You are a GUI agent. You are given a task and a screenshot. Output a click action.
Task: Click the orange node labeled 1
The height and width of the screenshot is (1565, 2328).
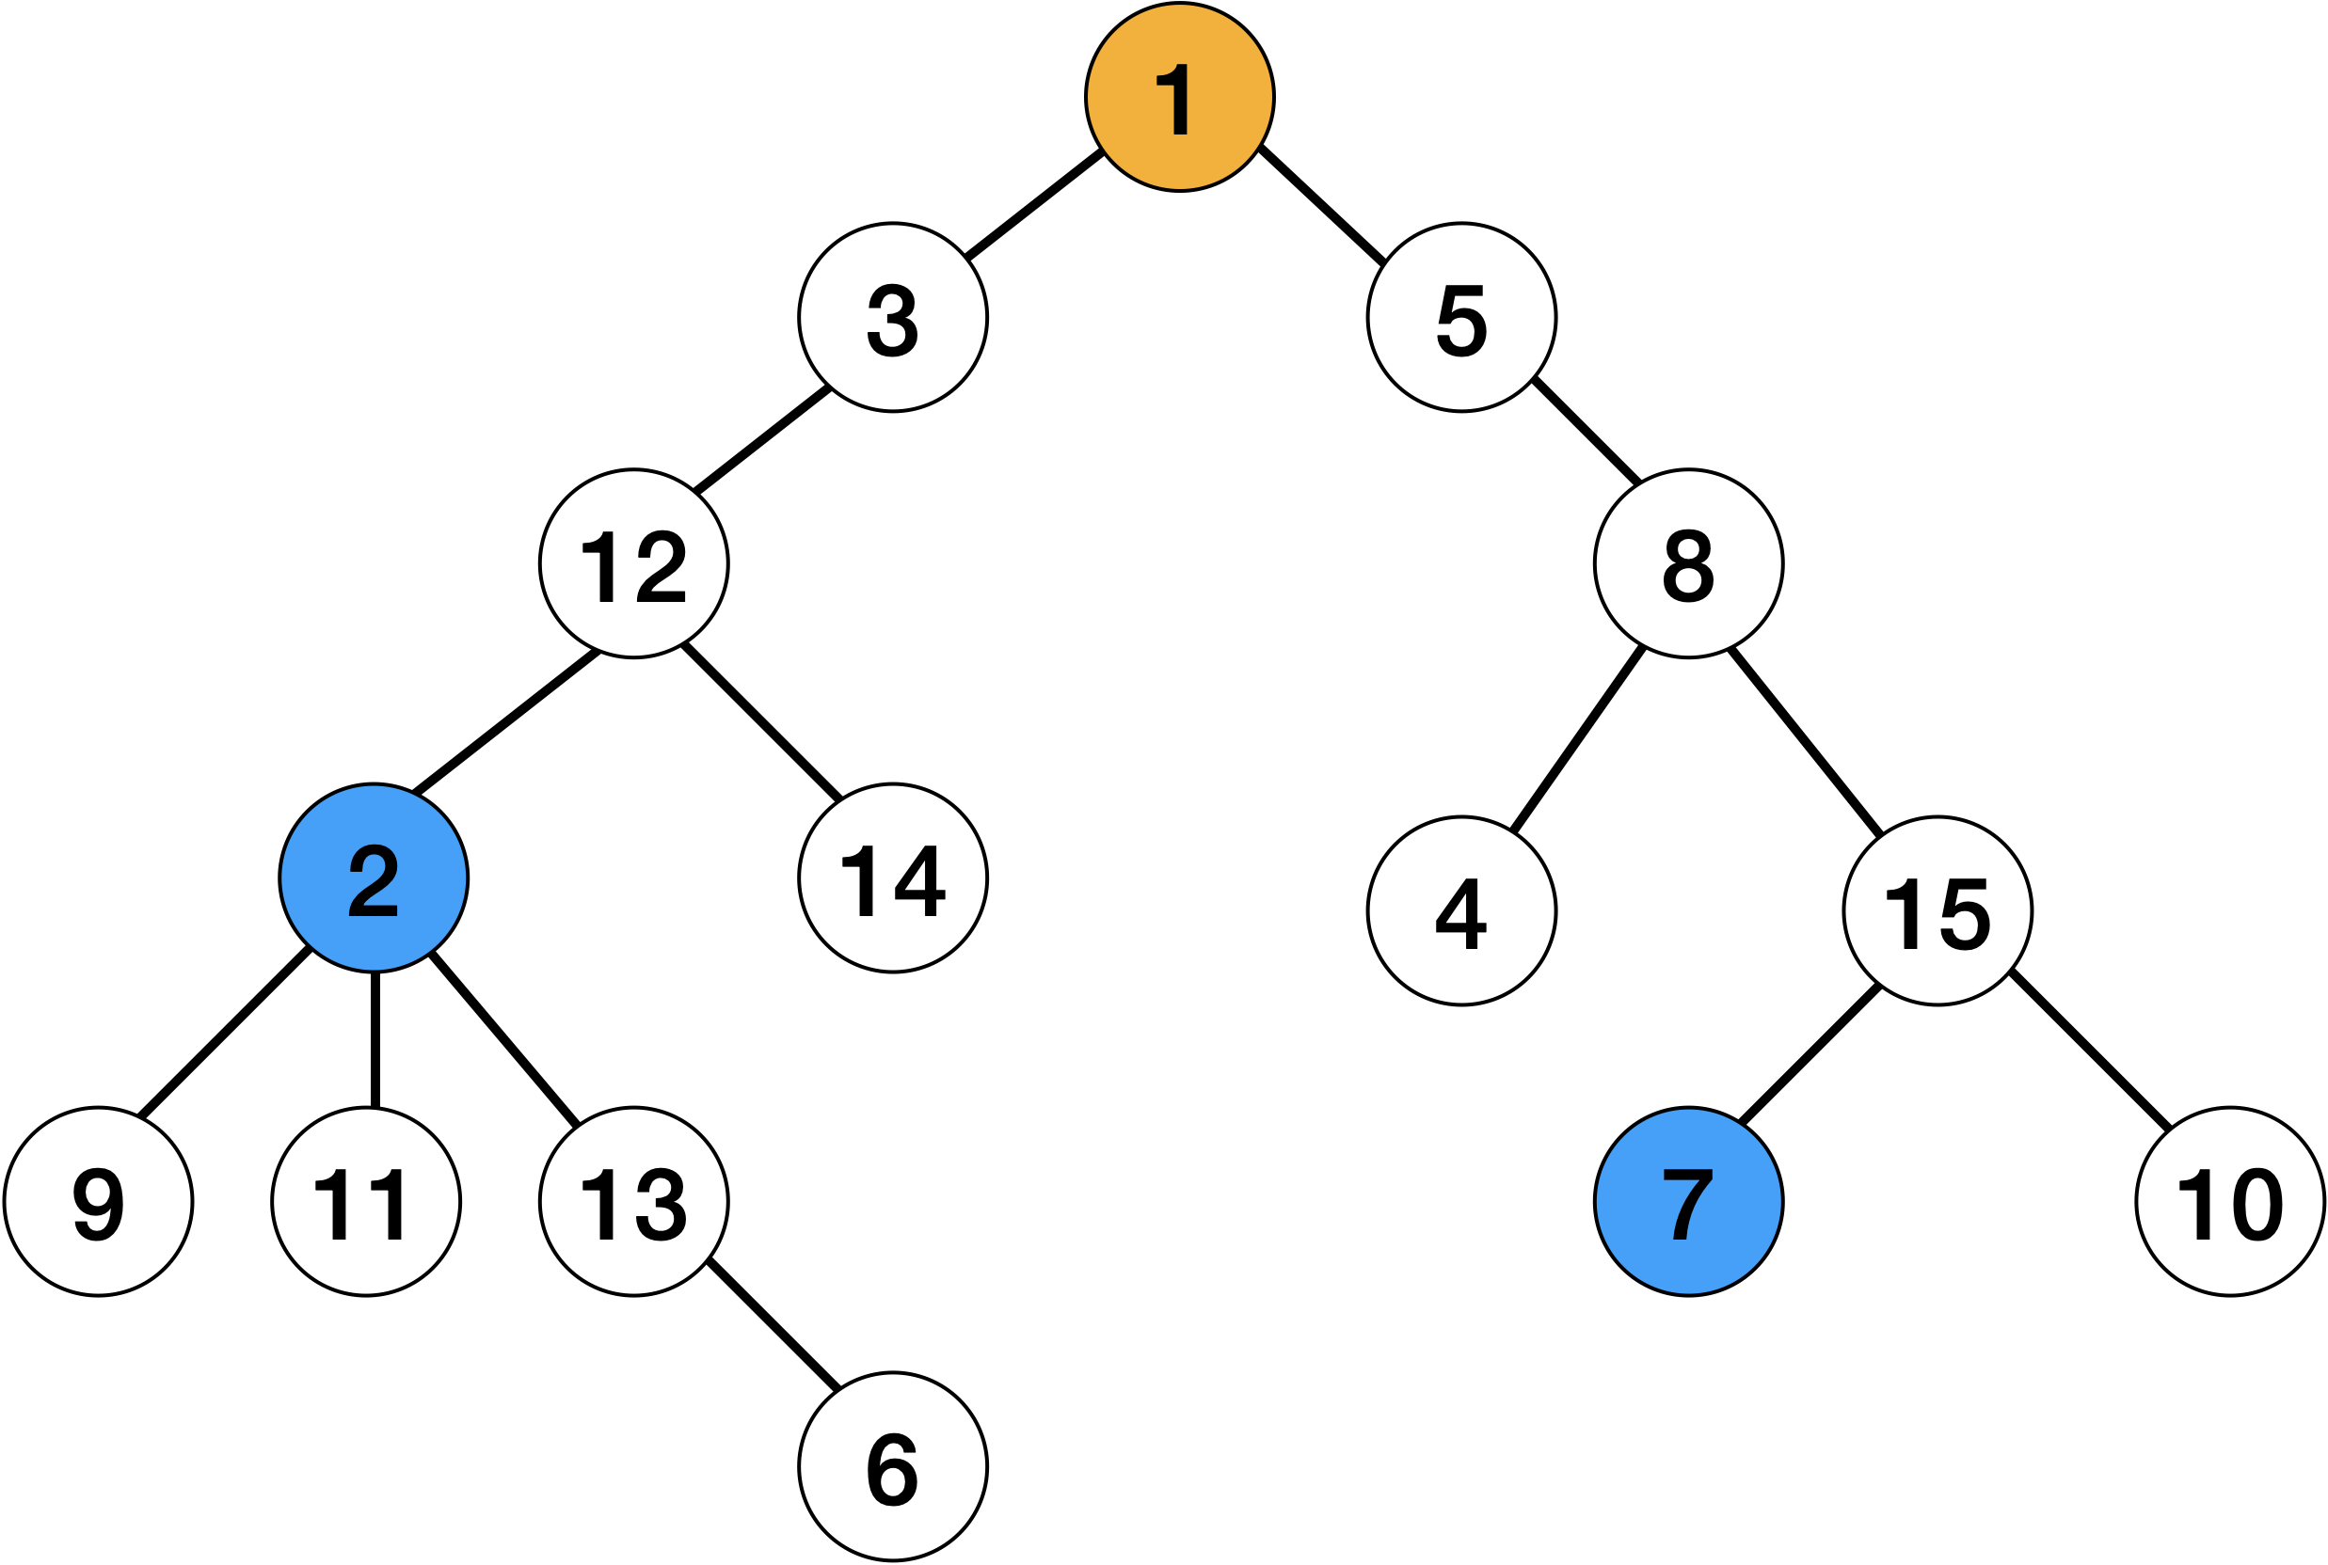[x=1179, y=97]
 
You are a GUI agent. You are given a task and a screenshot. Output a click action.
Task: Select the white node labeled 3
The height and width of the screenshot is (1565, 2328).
[x=892, y=317]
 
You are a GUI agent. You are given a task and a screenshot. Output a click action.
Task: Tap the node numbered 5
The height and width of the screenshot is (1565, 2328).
[x=1461, y=317]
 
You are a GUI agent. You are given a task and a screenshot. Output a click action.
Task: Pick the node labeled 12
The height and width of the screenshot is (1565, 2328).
[x=634, y=564]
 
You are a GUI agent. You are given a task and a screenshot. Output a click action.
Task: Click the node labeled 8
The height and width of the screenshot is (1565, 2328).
[x=1688, y=564]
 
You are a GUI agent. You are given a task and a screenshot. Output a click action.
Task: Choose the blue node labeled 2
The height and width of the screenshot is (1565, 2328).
[x=374, y=878]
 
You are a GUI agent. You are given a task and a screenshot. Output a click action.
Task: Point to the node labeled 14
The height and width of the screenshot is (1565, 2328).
[x=892, y=878]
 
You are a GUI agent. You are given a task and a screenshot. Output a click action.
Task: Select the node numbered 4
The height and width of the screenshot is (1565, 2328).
[x=1461, y=911]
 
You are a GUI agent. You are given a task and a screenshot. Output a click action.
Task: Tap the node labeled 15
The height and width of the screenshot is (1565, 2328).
[x=1937, y=911]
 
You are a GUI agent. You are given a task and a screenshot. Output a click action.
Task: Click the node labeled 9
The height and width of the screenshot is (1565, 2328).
[x=98, y=1202]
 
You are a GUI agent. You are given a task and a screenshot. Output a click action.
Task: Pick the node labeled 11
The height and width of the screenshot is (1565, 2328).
[x=366, y=1202]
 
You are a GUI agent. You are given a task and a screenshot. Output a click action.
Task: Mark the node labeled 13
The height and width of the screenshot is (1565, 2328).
[x=634, y=1202]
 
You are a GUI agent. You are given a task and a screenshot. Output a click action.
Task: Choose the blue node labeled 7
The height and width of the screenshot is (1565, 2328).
[x=1688, y=1202]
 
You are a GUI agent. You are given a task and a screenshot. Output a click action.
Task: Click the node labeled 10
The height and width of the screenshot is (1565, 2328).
[x=2230, y=1202]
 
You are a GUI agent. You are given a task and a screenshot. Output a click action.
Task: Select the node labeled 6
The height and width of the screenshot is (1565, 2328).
[x=892, y=1467]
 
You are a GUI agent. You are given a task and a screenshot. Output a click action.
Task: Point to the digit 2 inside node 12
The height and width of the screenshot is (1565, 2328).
[x=661, y=566]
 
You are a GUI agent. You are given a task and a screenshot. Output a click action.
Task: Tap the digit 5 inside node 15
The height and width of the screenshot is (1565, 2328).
[x=1965, y=914]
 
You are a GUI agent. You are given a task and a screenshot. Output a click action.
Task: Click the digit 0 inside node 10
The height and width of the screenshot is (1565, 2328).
[x=2257, y=1205]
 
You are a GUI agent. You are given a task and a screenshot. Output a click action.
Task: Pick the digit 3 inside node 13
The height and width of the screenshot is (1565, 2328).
[x=661, y=1205]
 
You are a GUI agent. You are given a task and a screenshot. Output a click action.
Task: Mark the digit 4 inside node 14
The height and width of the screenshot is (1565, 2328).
[x=919, y=881]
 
